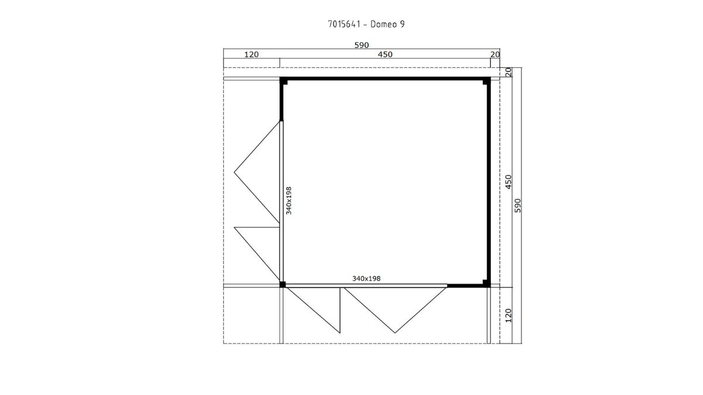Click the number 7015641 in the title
[x=344, y=24]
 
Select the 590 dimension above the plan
[x=361, y=45]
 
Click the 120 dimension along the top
[x=251, y=54]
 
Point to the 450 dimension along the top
[x=385, y=54]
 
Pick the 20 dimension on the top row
[x=495, y=54]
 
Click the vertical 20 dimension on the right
[x=509, y=72]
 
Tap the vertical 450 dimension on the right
[x=509, y=182]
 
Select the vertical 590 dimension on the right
[x=518, y=205]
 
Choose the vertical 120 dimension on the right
[x=509, y=315]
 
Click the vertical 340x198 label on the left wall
[x=289, y=201]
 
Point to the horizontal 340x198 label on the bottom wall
[x=366, y=279]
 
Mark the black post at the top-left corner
[x=284, y=81]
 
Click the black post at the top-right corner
[x=487, y=81]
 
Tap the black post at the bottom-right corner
[x=487, y=283]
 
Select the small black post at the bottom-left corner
[x=282, y=284]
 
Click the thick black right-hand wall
[x=489, y=182]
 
